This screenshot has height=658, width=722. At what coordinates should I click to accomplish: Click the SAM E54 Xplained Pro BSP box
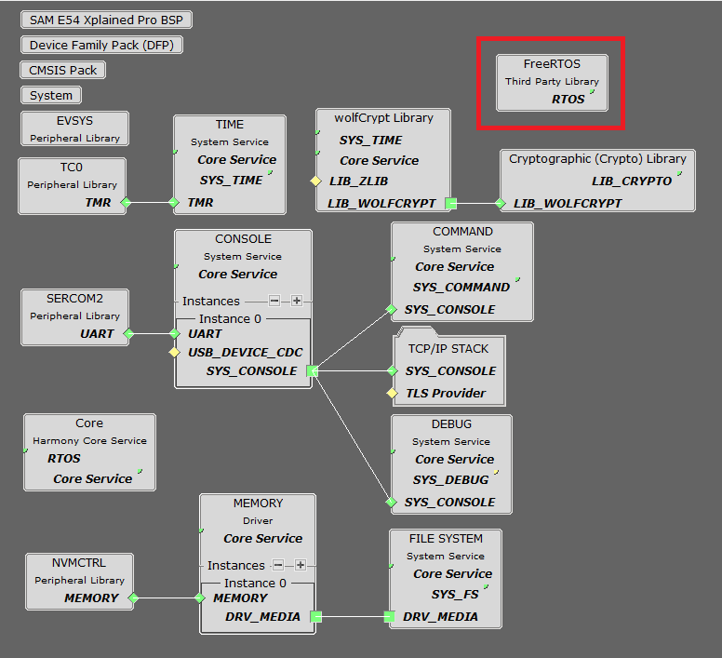tap(106, 20)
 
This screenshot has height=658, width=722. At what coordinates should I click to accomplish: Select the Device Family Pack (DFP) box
tap(101, 45)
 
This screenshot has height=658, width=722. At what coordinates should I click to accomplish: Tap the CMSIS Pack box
tap(62, 70)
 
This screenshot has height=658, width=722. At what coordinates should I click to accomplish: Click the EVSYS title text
tap(75, 121)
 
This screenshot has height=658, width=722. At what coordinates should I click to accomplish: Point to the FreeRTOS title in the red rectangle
tap(552, 64)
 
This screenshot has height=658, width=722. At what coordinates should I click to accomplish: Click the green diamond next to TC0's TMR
tap(126, 202)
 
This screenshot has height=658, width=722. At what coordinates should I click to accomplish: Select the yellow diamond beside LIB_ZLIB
tap(316, 181)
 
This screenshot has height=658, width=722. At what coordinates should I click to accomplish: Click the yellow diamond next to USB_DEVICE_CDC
tap(173, 353)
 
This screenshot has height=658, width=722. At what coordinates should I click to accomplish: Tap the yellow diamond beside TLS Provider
tap(393, 394)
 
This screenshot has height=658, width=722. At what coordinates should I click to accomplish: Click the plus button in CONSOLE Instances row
tap(296, 301)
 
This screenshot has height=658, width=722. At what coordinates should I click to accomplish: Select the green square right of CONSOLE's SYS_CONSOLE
tap(312, 371)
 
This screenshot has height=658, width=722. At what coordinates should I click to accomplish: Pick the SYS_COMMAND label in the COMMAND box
tap(461, 288)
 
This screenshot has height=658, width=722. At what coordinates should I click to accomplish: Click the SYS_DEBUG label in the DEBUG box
tap(450, 480)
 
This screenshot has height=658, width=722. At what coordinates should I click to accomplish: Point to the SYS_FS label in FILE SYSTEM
tap(455, 595)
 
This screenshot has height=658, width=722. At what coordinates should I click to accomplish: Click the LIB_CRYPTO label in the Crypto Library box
tap(631, 181)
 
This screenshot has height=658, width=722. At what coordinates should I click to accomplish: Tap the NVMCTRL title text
tap(80, 563)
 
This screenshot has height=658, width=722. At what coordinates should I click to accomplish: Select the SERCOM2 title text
tap(75, 299)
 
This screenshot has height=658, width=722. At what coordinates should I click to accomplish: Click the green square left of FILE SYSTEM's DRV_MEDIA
tap(390, 616)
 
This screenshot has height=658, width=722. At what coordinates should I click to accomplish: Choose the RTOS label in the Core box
tap(64, 459)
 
